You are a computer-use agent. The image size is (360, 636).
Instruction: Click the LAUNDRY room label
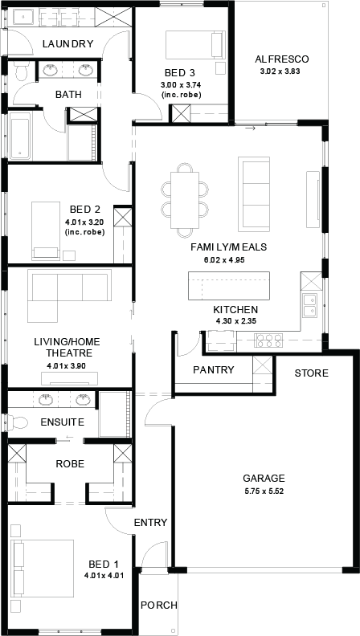68,44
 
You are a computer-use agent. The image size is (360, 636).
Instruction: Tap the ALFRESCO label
282,59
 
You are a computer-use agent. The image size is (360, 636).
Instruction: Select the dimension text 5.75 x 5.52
264,491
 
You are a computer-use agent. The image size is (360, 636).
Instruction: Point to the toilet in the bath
19,72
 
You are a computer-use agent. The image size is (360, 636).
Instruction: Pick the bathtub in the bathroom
20,136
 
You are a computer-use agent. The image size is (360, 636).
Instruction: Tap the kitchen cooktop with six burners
268,340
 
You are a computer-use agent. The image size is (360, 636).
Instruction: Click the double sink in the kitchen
309,305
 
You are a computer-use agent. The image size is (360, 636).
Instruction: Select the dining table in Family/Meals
185,200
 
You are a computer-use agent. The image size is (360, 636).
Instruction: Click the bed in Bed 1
43,568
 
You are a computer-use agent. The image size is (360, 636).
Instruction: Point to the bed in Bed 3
195,45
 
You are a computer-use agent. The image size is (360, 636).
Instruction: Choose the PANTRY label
214,369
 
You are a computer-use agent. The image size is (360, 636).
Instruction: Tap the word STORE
312,373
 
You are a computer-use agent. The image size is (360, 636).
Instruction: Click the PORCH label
158,605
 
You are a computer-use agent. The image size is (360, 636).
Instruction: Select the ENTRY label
150,523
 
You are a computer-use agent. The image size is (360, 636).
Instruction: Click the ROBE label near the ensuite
70,463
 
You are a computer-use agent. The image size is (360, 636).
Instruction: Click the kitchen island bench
229,287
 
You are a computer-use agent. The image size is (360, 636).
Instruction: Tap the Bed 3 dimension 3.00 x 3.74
182,85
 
